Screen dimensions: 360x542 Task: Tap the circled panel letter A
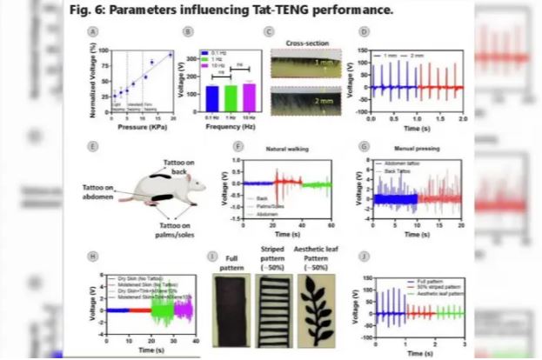90,32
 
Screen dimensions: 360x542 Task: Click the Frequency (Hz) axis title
231,124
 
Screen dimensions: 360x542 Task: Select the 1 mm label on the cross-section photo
322,63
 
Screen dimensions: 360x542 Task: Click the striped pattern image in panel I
273,309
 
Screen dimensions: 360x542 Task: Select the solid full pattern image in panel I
231,309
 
